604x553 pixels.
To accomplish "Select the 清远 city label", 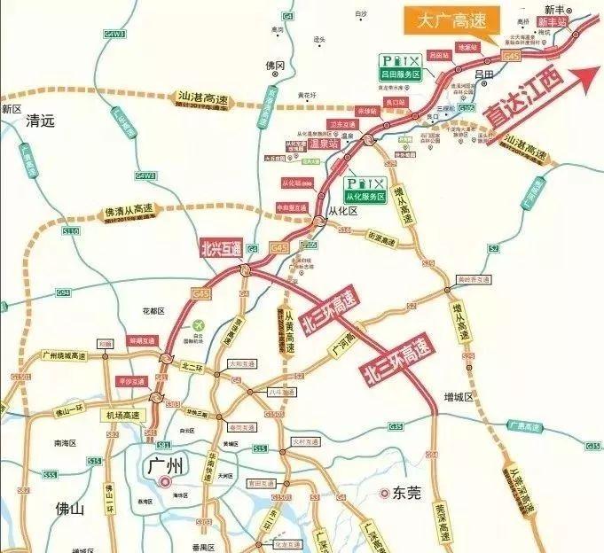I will pyautogui.click(x=40, y=121).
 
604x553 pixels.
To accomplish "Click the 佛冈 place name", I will pyautogui.click(x=275, y=66).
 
